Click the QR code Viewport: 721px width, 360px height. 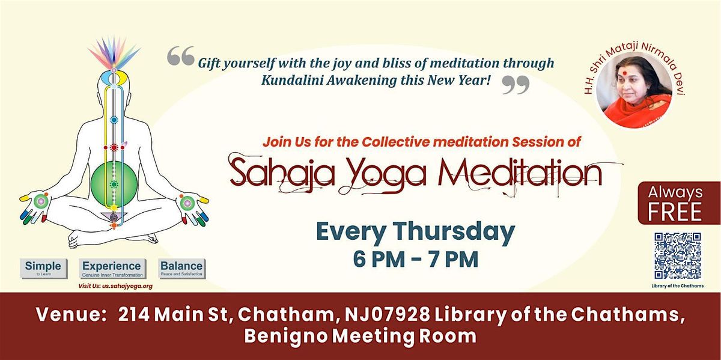(x=678, y=255)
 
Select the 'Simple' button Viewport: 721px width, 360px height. (x=43, y=268)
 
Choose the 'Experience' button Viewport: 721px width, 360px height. (x=112, y=268)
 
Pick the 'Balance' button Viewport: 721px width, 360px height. (x=181, y=268)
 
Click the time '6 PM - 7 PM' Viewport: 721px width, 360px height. (x=415, y=260)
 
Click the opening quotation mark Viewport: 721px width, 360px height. (x=180, y=56)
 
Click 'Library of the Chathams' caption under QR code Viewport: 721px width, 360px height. (x=678, y=286)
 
